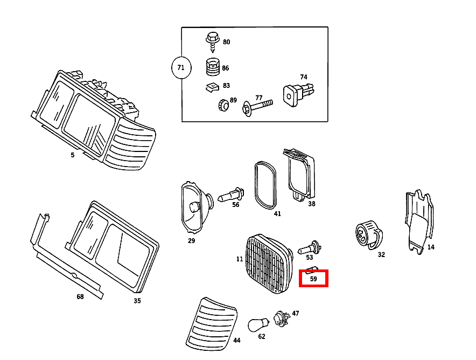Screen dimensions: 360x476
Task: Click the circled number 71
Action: pyautogui.click(x=181, y=67)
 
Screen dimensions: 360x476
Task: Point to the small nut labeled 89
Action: pyautogui.click(x=221, y=105)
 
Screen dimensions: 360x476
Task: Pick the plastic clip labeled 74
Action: pyautogui.click(x=296, y=93)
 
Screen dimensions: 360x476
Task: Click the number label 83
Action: pyautogui.click(x=226, y=86)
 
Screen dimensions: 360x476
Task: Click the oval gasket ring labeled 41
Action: pyautogui.click(x=264, y=184)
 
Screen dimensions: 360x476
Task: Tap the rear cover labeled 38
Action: pyautogui.click(x=300, y=175)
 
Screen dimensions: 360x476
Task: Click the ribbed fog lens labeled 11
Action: pyautogui.click(x=268, y=264)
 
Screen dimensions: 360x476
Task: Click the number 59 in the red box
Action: pyautogui.click(x=313, y=279)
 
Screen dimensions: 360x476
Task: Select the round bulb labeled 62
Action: pyautogui.click(x=257, y=324)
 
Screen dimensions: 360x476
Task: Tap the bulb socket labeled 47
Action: pyautogui.click(x=281, y=317)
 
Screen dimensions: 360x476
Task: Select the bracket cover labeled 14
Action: pyautogui.click(x=418, y=221)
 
